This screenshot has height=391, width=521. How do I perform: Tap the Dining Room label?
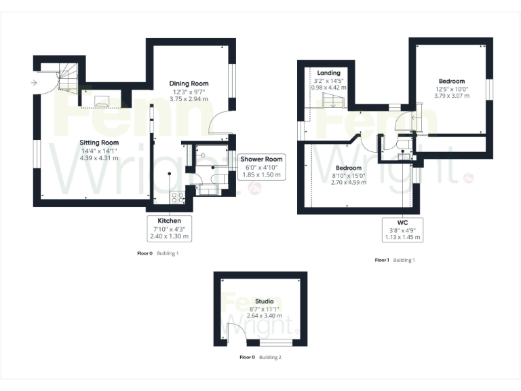tap(188, 83)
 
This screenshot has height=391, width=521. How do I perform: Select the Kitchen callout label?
tap(169, 221)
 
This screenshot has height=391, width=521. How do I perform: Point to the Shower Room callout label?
tap(261, 159)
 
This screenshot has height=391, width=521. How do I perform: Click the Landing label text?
tap(328, 73)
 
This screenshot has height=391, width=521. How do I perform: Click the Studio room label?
tap(265, 301)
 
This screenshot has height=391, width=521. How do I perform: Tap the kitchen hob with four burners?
tap(177, 198)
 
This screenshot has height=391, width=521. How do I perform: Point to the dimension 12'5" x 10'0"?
tap(451, 88)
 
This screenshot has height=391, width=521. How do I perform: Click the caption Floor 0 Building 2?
tap(261, 356)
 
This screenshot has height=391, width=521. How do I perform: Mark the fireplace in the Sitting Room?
tap(102, 101)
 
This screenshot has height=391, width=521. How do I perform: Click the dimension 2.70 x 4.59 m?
tap(347, 183)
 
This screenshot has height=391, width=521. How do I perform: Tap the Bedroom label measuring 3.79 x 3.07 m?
tap(451, 81)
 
